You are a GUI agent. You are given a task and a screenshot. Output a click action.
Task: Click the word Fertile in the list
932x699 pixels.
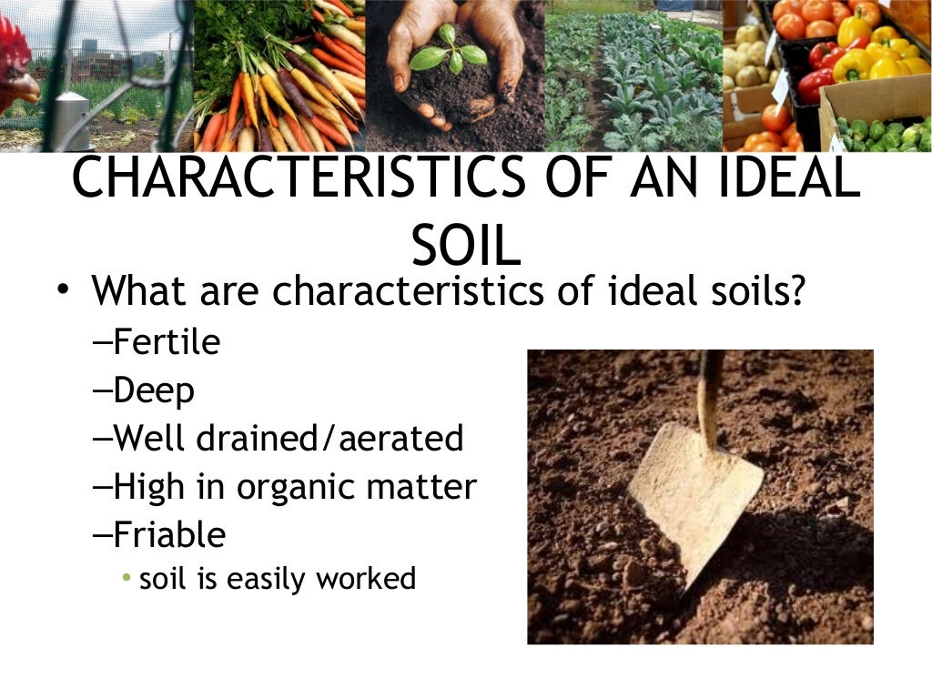(x=167, y=343)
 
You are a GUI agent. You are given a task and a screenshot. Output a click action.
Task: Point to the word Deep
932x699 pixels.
(x=154, y=391)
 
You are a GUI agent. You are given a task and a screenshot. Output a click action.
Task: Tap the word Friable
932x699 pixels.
(x=169, y=534)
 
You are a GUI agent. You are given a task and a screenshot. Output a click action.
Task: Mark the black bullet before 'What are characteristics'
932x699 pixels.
(x=61, y=289)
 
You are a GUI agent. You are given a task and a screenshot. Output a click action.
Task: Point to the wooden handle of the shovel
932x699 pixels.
(x=709, y=391)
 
